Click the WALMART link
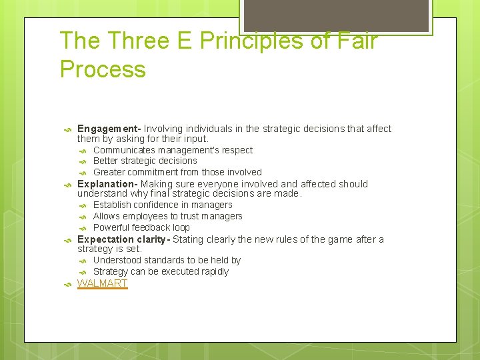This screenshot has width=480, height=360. [x=102, y=283]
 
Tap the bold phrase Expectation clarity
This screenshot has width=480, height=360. [x=123, y=239]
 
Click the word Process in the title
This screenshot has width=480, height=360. [x=103, y=69]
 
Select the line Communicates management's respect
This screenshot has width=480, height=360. [x=173, y=150]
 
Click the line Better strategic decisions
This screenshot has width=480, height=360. [x=145, y=161]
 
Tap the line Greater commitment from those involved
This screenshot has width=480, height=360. [x=177, y=172]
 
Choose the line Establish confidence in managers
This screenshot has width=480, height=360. [x=163, y=205]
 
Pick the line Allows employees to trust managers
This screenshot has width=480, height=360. [x=167, y=216]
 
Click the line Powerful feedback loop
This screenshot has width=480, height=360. [x=141, y=227]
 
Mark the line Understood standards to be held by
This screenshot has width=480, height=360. [x=167, y=260]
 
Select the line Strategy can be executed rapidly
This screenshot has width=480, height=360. [x=161, y=271]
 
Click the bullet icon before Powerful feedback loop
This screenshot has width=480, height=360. [x=83, y=228]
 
